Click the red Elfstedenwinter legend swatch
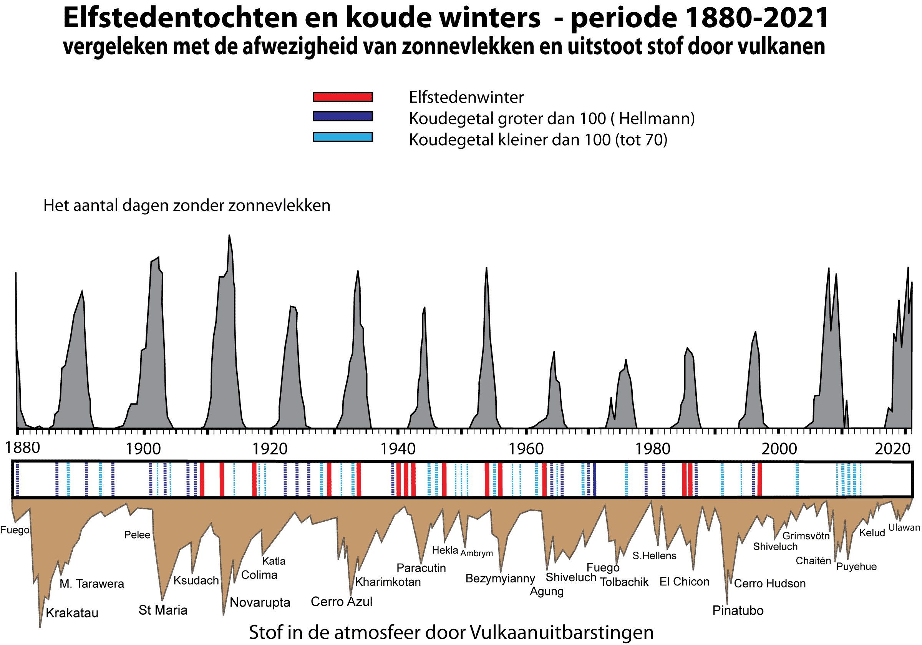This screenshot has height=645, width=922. coord(343,97)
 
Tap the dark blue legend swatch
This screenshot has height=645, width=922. coord(343,116)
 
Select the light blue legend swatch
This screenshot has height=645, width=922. coord(343,137)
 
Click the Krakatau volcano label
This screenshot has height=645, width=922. coord(72,613)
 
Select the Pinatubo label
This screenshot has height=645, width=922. coord(738,611)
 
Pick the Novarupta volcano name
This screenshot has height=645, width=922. coord(260,603)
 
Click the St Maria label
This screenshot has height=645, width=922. coord(163,610)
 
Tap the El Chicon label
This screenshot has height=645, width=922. coord(684,582)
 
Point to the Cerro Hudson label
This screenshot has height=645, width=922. coord(769,584)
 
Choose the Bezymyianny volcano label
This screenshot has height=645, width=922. coord(500,579)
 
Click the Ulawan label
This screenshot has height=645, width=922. coord(904,528)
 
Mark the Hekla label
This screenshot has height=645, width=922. coord(445,550)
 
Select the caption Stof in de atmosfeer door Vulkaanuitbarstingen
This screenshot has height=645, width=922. coord(451,633)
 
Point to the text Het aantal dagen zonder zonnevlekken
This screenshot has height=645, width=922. coord(187,206)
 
